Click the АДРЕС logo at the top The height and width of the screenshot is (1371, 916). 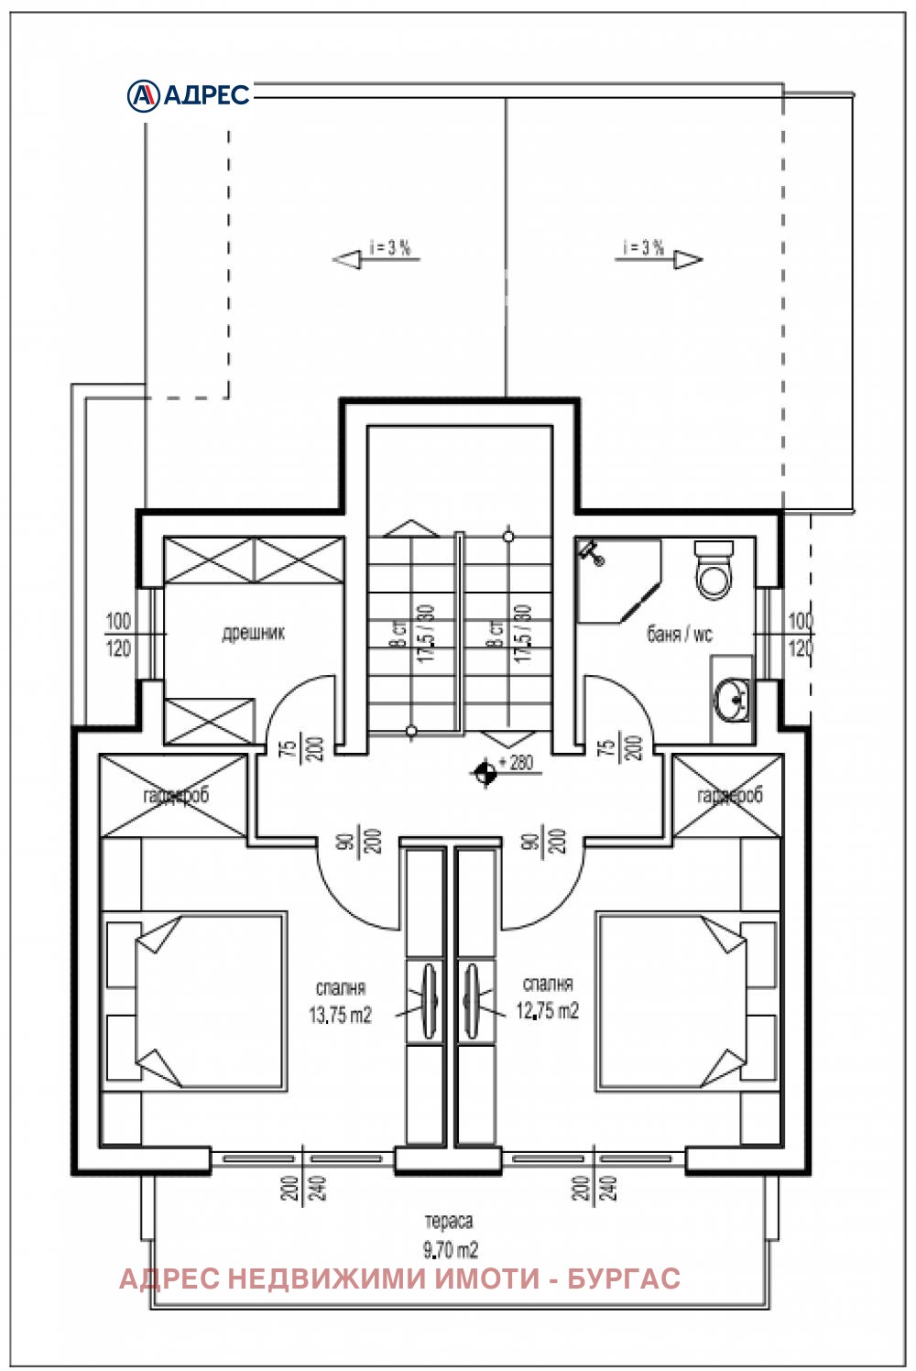[x=188, y=94]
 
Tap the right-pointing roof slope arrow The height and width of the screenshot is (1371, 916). [x=688, y=260]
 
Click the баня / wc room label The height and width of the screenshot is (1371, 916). [x=679, y=634]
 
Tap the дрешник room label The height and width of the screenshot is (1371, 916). [x=254, y=633]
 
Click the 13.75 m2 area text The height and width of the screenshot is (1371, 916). [x=340, y=1015]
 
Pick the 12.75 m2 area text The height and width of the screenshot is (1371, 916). [x=547, y=1011]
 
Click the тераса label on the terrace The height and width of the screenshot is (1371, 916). [x=449, y=1221]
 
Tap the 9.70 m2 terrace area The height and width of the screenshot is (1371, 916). [x=450, y=1249]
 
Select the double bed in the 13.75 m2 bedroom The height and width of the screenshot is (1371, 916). [x=195, y=1000]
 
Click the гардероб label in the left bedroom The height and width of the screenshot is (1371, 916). [x=176, y=796]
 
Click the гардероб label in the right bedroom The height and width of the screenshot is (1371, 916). [x=729, y=796]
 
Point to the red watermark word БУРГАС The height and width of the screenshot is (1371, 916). [x=624, y=1279]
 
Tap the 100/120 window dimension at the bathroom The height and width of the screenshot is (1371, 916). [x=801, y=635]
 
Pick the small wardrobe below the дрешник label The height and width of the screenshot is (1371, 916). [x=210, y=721]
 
